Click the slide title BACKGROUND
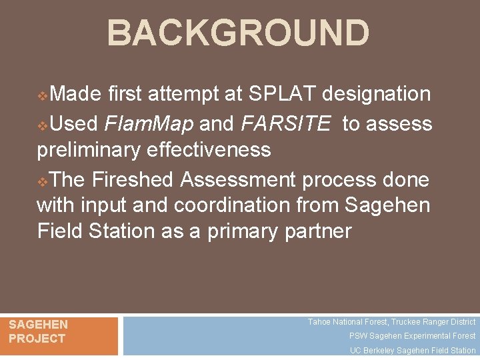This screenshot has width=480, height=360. point(238,33)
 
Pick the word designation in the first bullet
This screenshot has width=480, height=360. point(377,95)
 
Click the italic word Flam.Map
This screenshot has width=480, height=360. point(148,124)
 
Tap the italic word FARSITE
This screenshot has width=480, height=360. point(286,124)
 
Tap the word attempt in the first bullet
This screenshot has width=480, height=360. point(186,95)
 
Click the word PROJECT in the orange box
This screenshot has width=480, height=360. point(37,339)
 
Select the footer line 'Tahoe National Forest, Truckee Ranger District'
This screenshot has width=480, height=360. point(391,322)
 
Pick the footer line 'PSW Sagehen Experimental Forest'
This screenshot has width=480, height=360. point(412,336)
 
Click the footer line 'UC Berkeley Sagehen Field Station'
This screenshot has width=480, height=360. point(413,351)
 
